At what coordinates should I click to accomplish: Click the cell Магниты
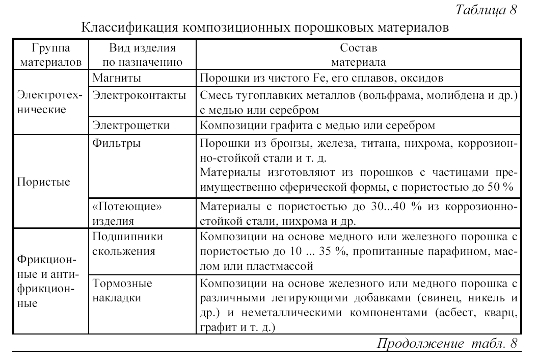[117, 79]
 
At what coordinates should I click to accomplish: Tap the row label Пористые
[44, 182]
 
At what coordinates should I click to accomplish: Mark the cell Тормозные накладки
[123, 290]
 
